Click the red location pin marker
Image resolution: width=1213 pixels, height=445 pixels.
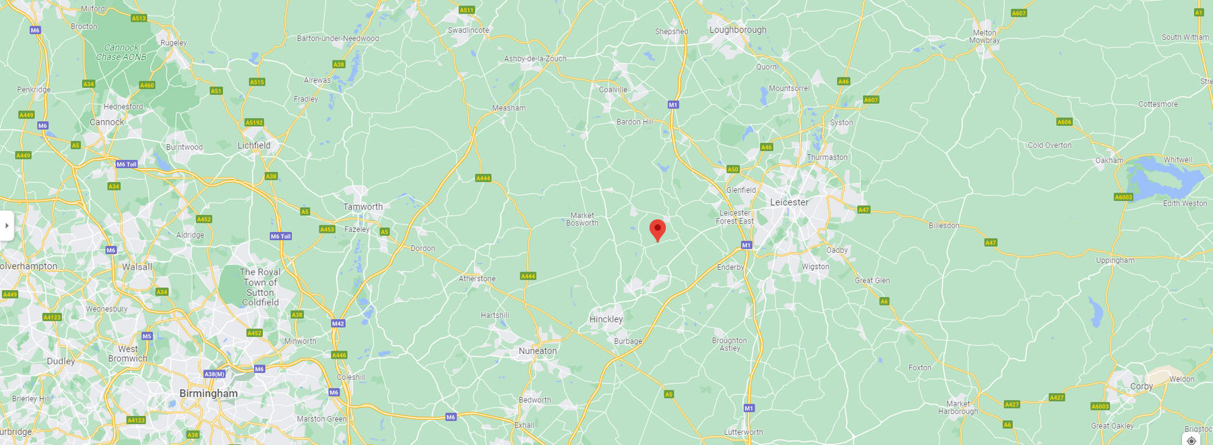tap(657, 229)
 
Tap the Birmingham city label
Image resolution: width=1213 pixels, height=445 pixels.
tap(208, 393)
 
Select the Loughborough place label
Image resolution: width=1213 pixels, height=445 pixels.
tap(738, 30)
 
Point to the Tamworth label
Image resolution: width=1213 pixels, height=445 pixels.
tap(363, 207)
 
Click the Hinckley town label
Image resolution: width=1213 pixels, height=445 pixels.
tap(606, 319)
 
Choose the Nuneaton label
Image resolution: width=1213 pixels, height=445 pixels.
tap(538, 351)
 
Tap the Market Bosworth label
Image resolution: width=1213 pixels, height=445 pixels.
tap(582, 219)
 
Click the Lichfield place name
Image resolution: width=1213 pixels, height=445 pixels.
tap(254, 145)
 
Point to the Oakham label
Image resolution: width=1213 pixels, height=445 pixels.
tap(1109, 160)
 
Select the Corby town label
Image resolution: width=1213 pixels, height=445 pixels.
tap(1141, 386)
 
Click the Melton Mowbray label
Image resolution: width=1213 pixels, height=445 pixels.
tap(985, 36)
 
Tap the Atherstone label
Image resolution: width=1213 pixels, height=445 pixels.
tap(477, 278)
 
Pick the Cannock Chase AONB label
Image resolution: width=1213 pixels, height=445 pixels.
tap(121, 52)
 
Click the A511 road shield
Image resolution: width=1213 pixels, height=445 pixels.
tap(466, 10)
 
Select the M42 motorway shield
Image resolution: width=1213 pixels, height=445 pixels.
tap(338, 324)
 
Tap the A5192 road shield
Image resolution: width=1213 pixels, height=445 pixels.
tap(254, 123)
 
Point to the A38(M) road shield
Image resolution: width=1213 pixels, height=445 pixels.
tap(214, 374)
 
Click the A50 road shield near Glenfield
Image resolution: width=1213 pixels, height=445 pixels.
tap(733, 169)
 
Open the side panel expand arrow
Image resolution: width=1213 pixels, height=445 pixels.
tap(7, 225)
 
